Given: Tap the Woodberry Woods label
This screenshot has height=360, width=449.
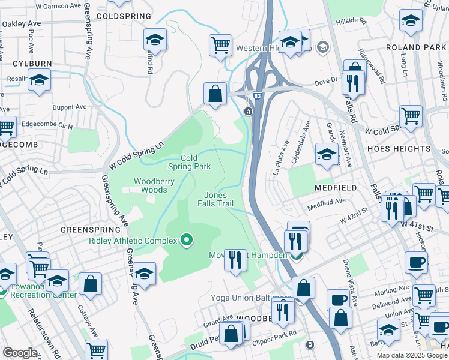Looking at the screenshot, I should (150, 185).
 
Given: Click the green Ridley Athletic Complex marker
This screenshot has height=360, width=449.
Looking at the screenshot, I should (187, 241).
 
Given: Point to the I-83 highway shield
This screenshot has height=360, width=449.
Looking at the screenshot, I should (257, 96).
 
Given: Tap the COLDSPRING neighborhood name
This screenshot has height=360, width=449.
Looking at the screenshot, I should (120, 16).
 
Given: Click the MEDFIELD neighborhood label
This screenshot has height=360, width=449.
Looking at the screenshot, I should (335, 188).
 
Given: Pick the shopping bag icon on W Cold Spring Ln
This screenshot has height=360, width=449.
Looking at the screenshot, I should (215, 94).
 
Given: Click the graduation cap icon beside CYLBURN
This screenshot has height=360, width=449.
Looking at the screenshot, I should (39, 80).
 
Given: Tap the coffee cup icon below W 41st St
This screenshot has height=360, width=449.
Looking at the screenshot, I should (416, 263).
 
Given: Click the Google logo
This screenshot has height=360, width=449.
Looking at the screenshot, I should (20, 353).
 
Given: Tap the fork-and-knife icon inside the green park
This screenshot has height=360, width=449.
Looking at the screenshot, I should (235, 260).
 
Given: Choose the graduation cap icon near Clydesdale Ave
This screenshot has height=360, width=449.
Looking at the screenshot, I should (327, 154).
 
